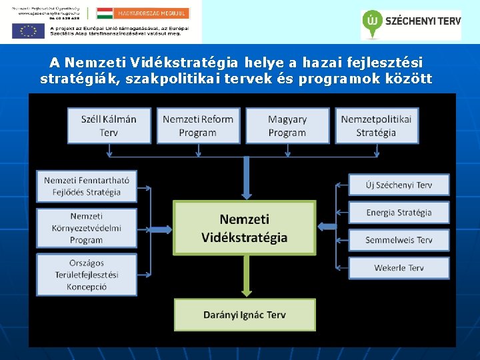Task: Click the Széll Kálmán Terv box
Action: click(x=109, y=125)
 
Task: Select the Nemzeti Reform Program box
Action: click(x=198, y=125)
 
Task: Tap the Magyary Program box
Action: click(x=287, y=125)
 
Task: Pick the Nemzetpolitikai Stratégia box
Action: click(x=377, y=125)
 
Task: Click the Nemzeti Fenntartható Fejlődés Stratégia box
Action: click(x=87, y=185)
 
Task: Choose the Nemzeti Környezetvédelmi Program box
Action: click(x=87, y=228)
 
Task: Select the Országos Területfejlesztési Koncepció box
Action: click(x=87, y=274)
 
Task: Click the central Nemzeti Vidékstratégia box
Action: click(x=244, y=227)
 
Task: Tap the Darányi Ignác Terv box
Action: click(x=244, y=315)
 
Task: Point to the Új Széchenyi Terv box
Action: click(x=399, y=185)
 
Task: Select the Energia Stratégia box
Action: click(x=399, y=213)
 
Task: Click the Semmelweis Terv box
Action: click(x=399, y=240)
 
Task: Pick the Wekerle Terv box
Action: click(x=399, y=268)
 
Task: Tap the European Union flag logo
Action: click(x=27, y=31)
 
